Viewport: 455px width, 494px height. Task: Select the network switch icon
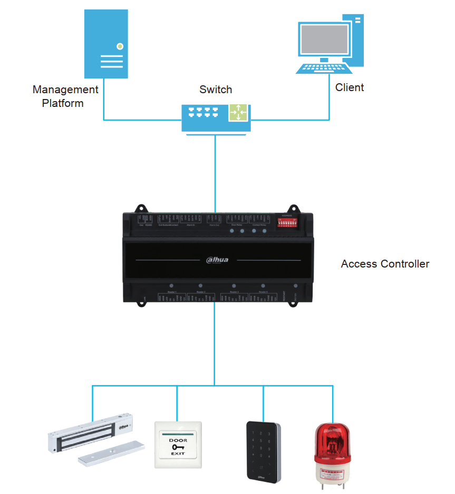click(216, 117)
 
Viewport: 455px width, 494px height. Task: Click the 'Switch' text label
click(216, 90)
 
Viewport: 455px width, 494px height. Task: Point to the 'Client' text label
click(350, 87)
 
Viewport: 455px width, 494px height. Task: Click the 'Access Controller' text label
click(385, 264)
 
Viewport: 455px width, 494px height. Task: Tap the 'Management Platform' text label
click(64, 96)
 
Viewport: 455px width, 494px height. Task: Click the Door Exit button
click(178, 444)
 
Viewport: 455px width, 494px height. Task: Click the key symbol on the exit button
click(178, 447)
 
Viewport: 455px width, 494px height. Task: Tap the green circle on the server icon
click(120, 46)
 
